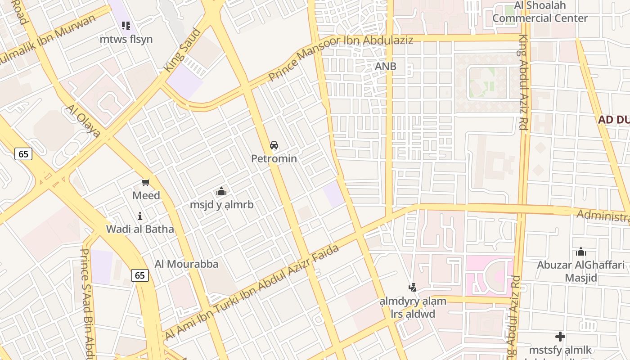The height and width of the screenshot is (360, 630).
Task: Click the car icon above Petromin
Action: pyautogui.click(x=274, y=145)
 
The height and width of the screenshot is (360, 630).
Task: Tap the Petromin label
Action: pyautogui.click(x=274, y=159)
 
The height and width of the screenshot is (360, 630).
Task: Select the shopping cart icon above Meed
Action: pyautogui.click(x=145, y=182)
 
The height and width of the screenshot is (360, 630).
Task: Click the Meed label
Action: pyautogui.click(x=146, y=196)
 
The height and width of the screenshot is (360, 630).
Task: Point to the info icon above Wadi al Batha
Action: pyautogui.click(x=140, y=216)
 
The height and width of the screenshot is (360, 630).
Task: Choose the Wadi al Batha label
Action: pyautogui.click(x=140, y=229)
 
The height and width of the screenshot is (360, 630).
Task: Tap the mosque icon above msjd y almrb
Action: pyautogui.click(x=221, y=192)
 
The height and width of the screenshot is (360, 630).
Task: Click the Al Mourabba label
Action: pyautogui.click(x=186, y=264)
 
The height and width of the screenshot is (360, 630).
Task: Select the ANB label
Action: pyautogui.click(x=386, y=67)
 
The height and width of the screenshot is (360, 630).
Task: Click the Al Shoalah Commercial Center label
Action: pyautogui.click(x=540, y=12)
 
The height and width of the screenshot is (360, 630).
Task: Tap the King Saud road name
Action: pyautogui.click(x=182, y=50)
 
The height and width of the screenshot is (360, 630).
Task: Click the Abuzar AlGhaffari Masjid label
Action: pyautogui.click(x=581, y=271)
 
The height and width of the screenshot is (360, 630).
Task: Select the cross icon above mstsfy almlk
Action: pyautogui.click(x=560, y=337)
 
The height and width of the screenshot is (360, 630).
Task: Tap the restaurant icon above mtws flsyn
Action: pyautogui.click(x=126, y=26)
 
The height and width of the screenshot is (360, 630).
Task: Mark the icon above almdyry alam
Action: pyautogui.click(x=412, y=287)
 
